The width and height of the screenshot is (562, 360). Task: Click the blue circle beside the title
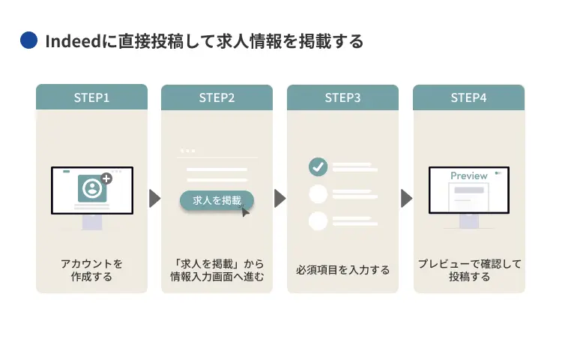coord(28,41)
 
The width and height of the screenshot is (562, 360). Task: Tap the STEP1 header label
coord(91,97)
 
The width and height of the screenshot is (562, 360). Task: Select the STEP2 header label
coord(217,97)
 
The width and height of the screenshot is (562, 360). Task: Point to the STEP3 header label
coord(342,97)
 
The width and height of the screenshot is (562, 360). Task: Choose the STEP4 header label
coord(468,97)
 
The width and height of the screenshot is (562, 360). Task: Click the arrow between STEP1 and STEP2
coord(154,198)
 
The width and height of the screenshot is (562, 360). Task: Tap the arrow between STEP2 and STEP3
coord(280,198)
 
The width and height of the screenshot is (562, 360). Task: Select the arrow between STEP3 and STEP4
coord(406,198)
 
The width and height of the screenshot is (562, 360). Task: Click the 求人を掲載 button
coord(216,200)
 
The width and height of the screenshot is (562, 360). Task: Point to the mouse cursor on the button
coord(245,211)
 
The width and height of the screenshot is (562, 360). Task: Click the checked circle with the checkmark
coord(318,166)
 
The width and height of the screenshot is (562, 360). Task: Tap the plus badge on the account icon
coord(106,178)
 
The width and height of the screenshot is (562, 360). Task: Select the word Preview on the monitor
coord(468,175)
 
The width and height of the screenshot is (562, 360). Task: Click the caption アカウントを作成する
coord(91,270)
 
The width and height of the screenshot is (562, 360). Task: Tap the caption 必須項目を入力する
coord(342,270)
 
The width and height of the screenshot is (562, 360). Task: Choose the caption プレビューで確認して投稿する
coord(468,270)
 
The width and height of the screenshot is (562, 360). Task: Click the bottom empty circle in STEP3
coord(318,220)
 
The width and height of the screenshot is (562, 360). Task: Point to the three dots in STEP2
coord(187,151)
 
